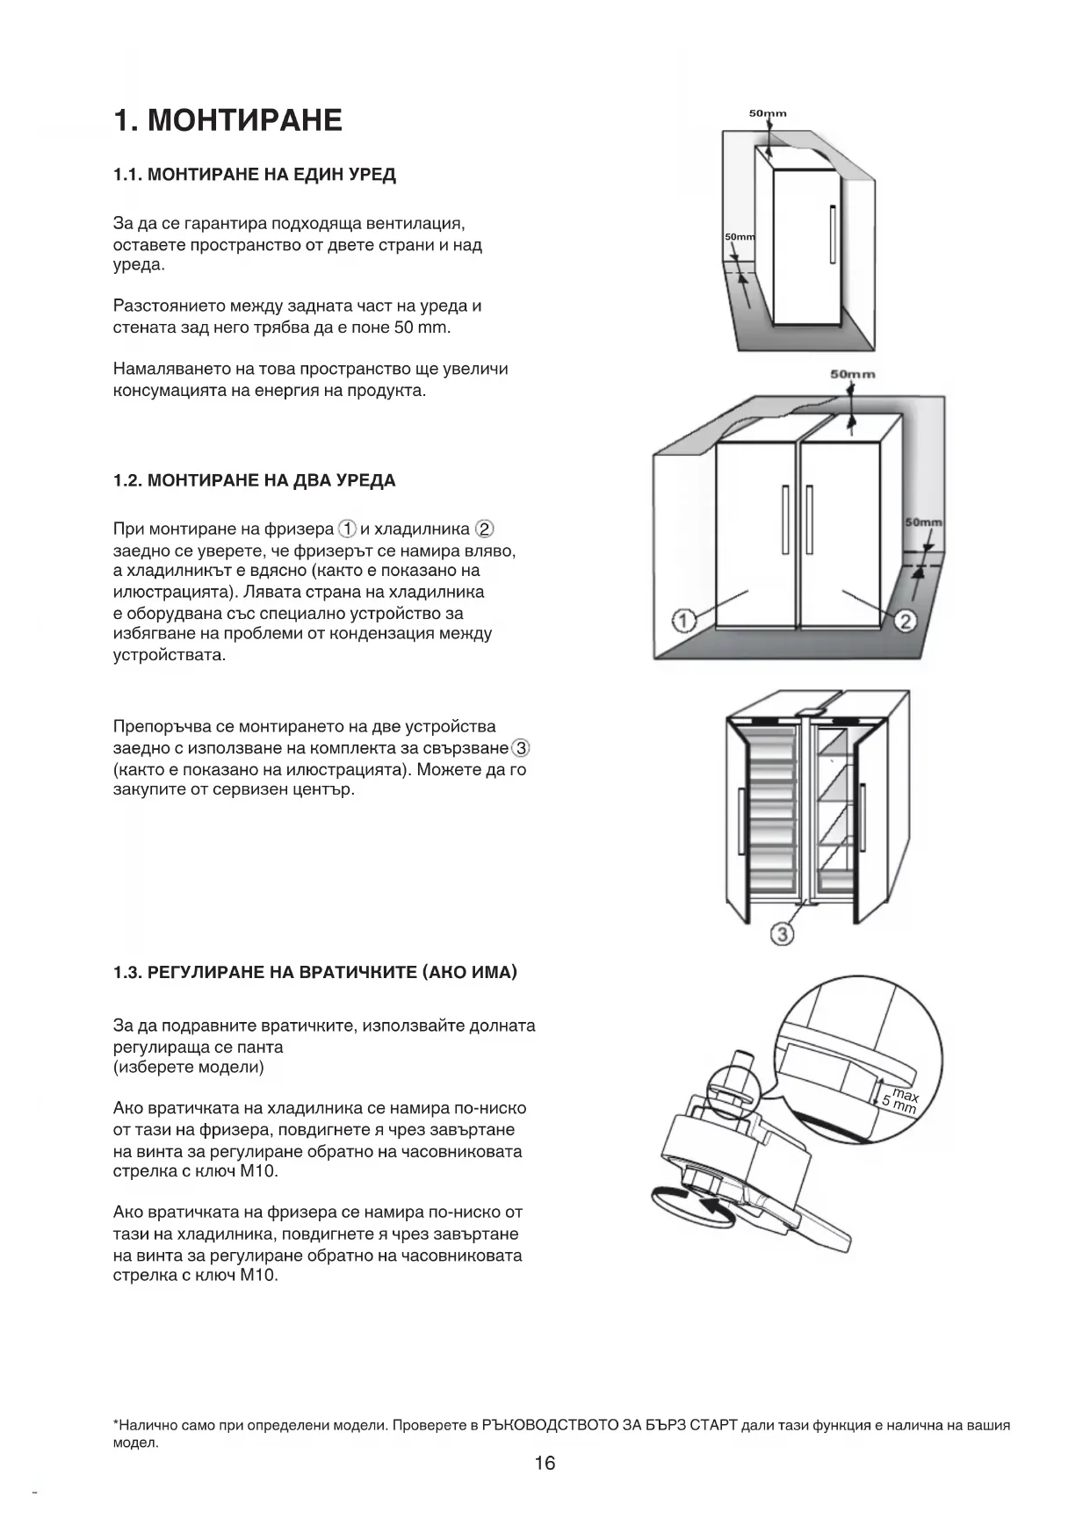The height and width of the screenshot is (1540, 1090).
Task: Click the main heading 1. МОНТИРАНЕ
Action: tap(227, 120)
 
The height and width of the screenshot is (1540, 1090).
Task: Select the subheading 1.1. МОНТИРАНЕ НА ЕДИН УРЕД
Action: tap(255, 175)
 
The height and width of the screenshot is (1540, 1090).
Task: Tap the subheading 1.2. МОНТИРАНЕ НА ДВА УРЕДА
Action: tap(255, 480)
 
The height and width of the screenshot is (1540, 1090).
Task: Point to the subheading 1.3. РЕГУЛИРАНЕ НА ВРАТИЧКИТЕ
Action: tap(315, 972)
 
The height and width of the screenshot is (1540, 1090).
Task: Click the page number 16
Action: tap(545, 1463)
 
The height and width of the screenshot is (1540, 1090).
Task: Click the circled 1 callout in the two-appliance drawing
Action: tap(683, 621)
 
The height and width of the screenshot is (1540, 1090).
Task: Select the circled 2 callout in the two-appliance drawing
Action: tap(906, 621)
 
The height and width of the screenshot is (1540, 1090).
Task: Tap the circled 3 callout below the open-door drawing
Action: tap(782, 934)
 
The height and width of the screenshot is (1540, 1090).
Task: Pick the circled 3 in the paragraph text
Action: tap(522, 748)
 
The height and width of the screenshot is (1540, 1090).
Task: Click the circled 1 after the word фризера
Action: tap(348, 529)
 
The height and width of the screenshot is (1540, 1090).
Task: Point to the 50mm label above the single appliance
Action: tap(768, 113)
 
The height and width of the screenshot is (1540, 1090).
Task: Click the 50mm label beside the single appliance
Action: tap(740, 238)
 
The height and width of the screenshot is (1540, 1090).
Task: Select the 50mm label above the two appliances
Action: tap(853, 374)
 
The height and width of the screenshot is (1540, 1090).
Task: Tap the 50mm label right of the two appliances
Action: tap(923, 522)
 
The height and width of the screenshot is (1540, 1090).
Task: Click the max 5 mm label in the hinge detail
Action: tap(901, 1101)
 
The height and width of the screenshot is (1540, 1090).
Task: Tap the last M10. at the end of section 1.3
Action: tap(259, 1276)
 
